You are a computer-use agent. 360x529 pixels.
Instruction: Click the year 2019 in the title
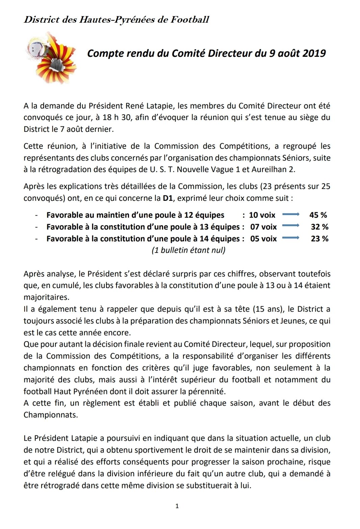(x=314, y=53)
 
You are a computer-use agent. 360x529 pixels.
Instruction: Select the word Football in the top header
(x=190, y=20)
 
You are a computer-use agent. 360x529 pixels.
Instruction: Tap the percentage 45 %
(x=318, y=215)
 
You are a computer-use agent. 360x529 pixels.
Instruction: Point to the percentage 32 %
(x=319, y=227)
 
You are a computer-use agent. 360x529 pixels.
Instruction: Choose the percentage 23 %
(x=319, y=239)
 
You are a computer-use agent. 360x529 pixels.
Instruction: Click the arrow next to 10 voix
(x=291, y=214)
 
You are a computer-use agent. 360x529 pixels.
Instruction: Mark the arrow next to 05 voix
(x=291, y=238)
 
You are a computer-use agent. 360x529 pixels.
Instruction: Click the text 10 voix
(x=262, y=215)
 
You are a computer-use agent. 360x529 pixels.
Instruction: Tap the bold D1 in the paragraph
(x=168, y=198)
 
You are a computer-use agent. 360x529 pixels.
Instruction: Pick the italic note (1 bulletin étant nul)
(x=188, y=250)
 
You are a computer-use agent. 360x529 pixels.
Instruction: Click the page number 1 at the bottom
(x=177, y=506)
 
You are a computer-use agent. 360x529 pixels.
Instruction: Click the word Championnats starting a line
(x=51, y=415)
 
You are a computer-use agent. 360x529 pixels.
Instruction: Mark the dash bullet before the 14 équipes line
(x=36, y=239)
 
